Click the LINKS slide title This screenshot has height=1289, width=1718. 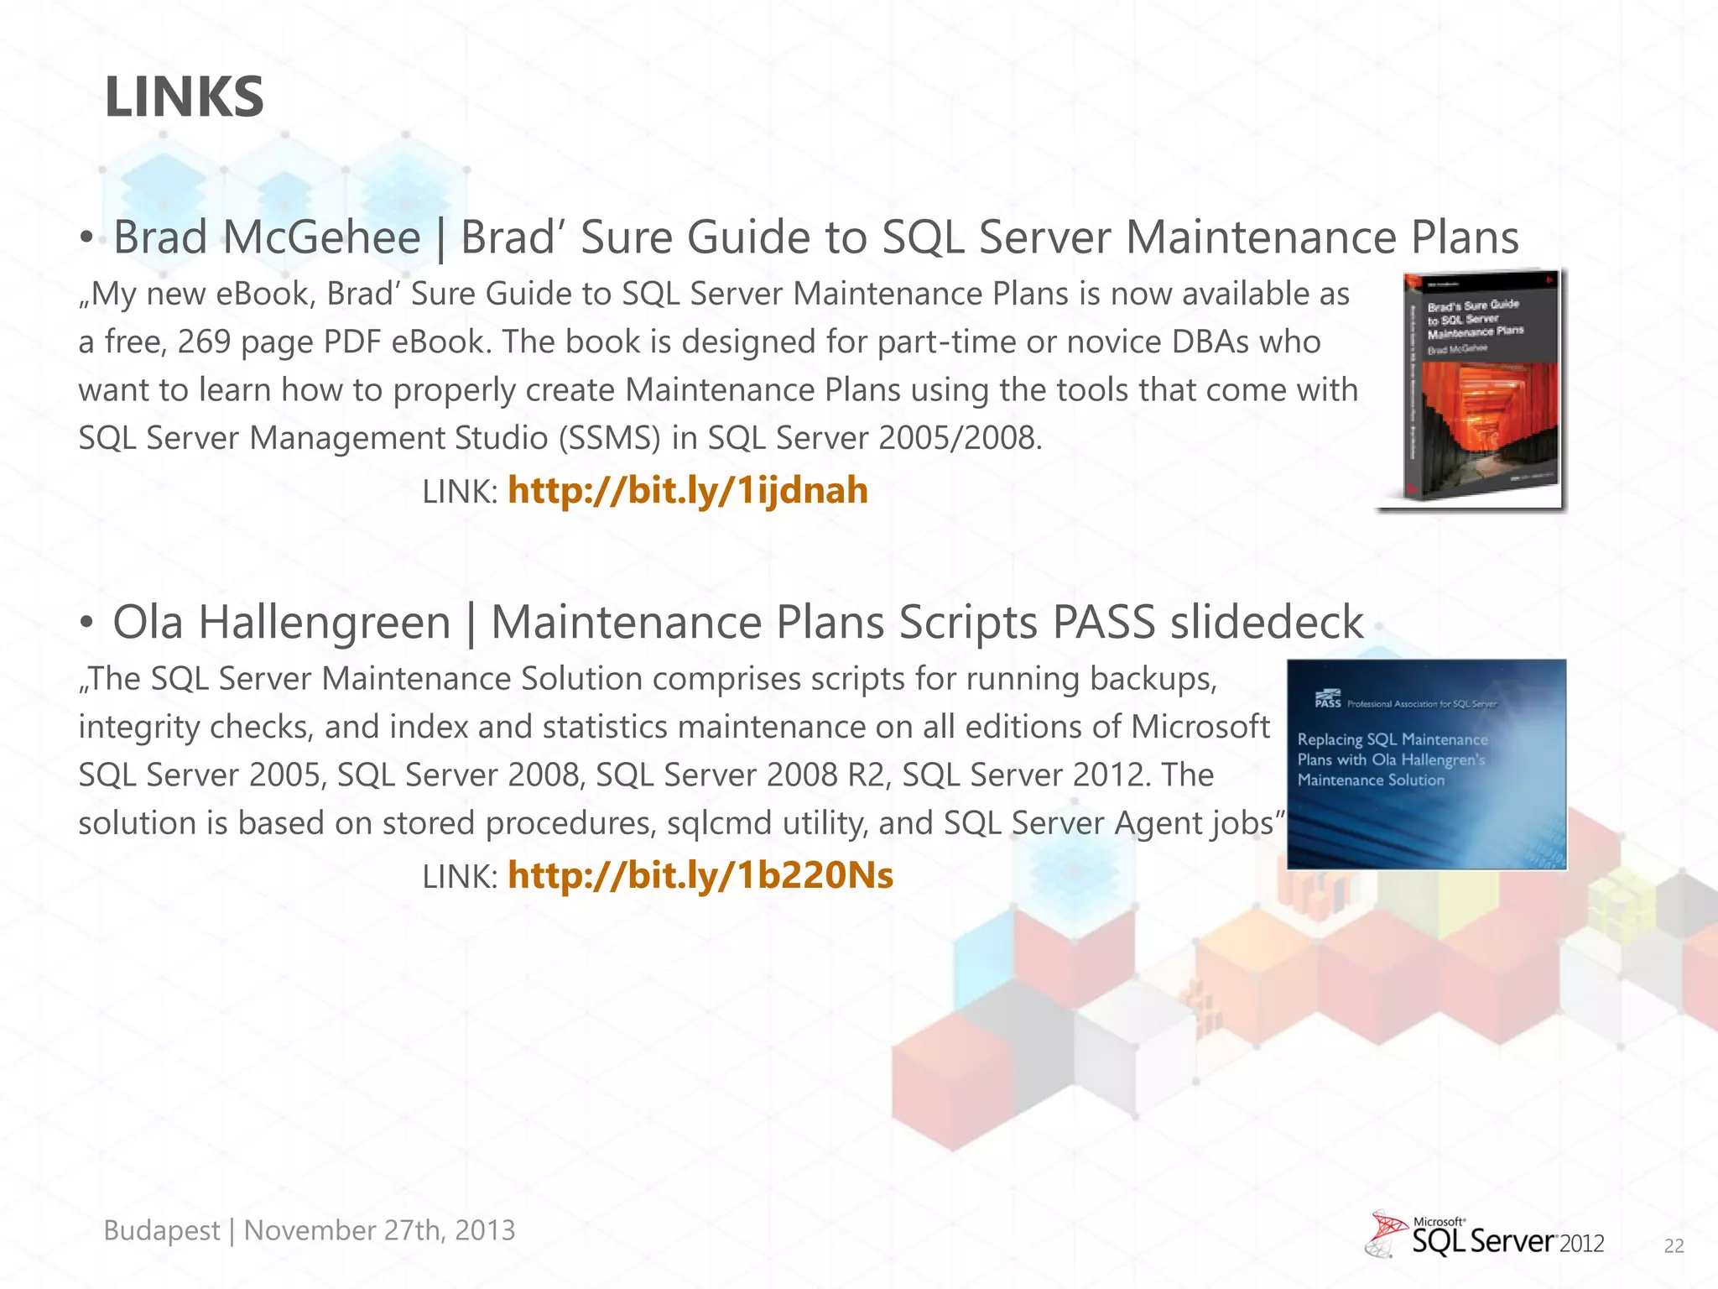pyautogui.click(x=185, y=97)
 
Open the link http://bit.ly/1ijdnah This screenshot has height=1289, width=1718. pyautogui.click(x=687, y=491)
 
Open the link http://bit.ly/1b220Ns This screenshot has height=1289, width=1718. pyautogui.click(x=700, y=876)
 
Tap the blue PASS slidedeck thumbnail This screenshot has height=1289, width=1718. pyautogui.click(x=1426, y=765)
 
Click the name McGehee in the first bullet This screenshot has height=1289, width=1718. pyautogui.click(x=321, y=237)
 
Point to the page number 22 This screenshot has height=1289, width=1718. pyautogui.click(x=1674, y=1246)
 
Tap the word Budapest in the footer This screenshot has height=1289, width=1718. pyautogui.click(x=162, y=1230)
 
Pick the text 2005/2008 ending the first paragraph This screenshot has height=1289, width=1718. pyautogui.click(x=959, y=438)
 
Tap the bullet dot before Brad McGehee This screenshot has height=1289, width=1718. pyautogui.click(x=86, y=238)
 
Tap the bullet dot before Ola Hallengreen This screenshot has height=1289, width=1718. pyautogui.click(x=86, y=624)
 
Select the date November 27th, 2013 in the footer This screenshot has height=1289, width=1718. pyautogui.click(x=379, y=1230)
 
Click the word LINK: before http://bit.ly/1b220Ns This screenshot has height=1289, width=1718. pyautogui.click(x=460, y=877)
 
